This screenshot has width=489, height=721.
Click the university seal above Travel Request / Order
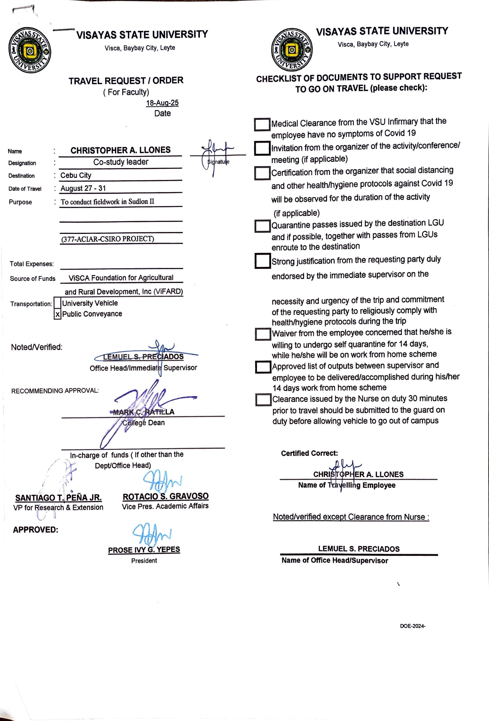[30, 50]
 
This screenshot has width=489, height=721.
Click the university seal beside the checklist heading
[292, 50]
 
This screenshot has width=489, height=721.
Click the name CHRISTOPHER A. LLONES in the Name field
[120, 150]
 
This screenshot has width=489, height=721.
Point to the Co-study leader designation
[121, 162]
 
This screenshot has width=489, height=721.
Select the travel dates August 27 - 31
[83, 188]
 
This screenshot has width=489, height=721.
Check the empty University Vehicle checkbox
[57, 303]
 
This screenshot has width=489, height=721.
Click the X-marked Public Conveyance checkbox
[57, 314]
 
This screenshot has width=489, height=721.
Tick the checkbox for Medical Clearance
[262, 124]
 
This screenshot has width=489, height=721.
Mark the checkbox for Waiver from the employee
[263, 334]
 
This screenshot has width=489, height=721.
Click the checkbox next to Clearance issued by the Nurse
[263, 400]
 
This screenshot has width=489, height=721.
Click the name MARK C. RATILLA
[144, 412]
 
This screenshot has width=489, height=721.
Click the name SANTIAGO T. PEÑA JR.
[58, 498]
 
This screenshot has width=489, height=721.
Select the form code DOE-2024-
[412, 626]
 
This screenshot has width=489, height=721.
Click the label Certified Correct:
[309, 453]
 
